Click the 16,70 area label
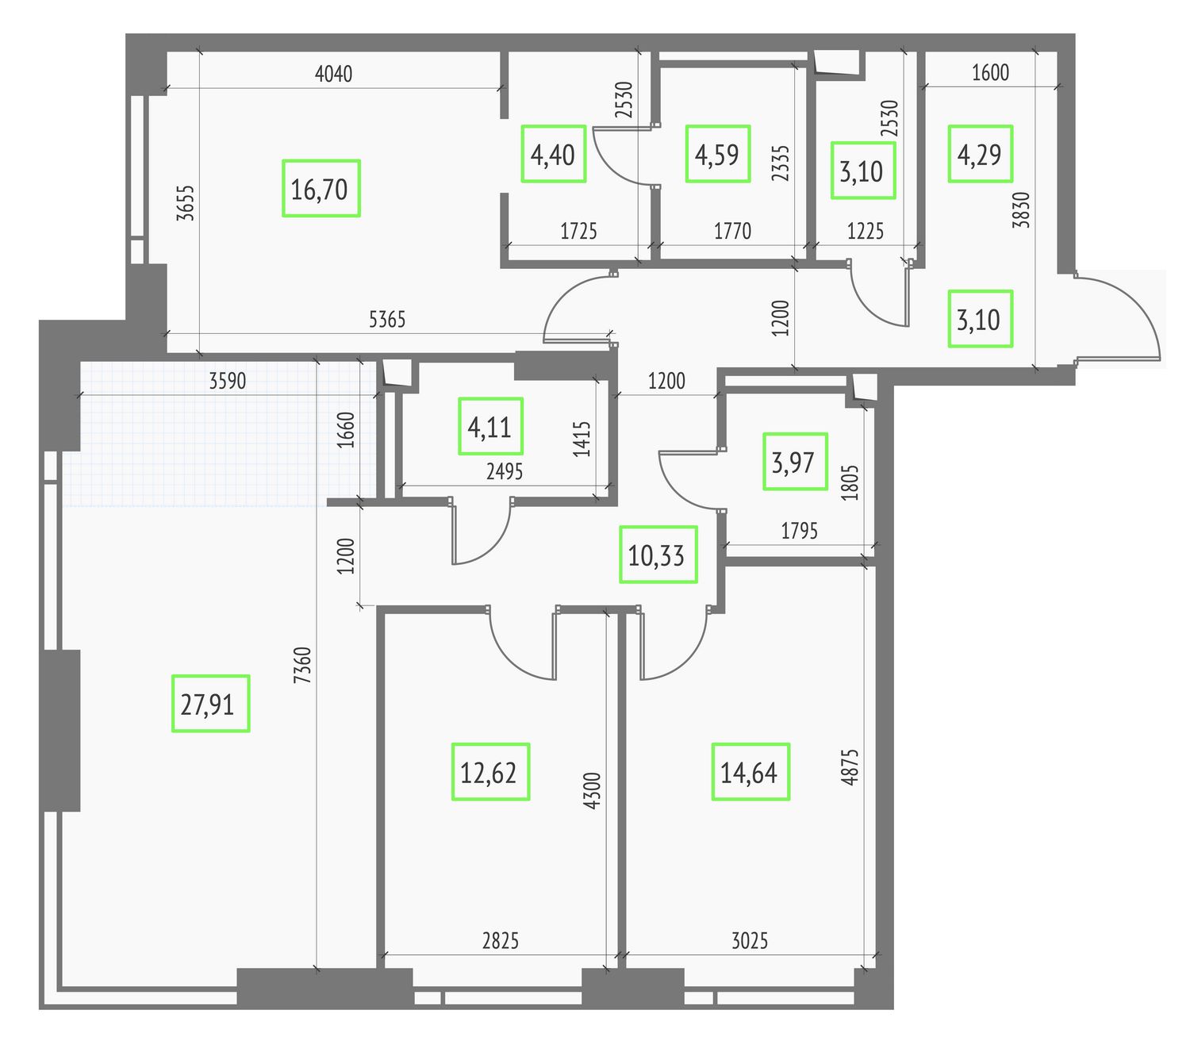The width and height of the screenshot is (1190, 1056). pos(321,189)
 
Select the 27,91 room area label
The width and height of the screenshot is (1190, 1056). pos(210,704)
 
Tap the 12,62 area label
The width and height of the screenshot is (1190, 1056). pos(490,772)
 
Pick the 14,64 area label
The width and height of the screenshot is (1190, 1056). pos(750,772)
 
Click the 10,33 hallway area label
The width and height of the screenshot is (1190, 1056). pos(658,555)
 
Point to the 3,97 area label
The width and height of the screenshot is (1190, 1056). pos(795,462)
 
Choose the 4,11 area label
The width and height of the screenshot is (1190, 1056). pos(490,426)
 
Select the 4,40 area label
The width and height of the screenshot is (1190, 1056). pos(553,154)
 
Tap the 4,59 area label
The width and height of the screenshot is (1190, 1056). pos(718,154)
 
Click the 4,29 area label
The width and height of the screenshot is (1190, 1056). pos(980,154)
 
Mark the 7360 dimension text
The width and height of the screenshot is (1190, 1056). pos(302,665)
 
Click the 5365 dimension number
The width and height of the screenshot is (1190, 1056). pos(387,320)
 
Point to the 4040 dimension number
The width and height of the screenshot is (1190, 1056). pos(334,74)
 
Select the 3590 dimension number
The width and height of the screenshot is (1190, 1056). pos(228,381)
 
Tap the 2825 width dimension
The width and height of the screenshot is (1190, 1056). pos(501,941)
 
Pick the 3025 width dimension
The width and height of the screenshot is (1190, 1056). pos(750,941)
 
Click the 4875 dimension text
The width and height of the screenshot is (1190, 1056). pos(850,766)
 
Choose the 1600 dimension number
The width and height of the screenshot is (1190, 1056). pos(990,73)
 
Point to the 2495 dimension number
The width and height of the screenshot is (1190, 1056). pos(505,471)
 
